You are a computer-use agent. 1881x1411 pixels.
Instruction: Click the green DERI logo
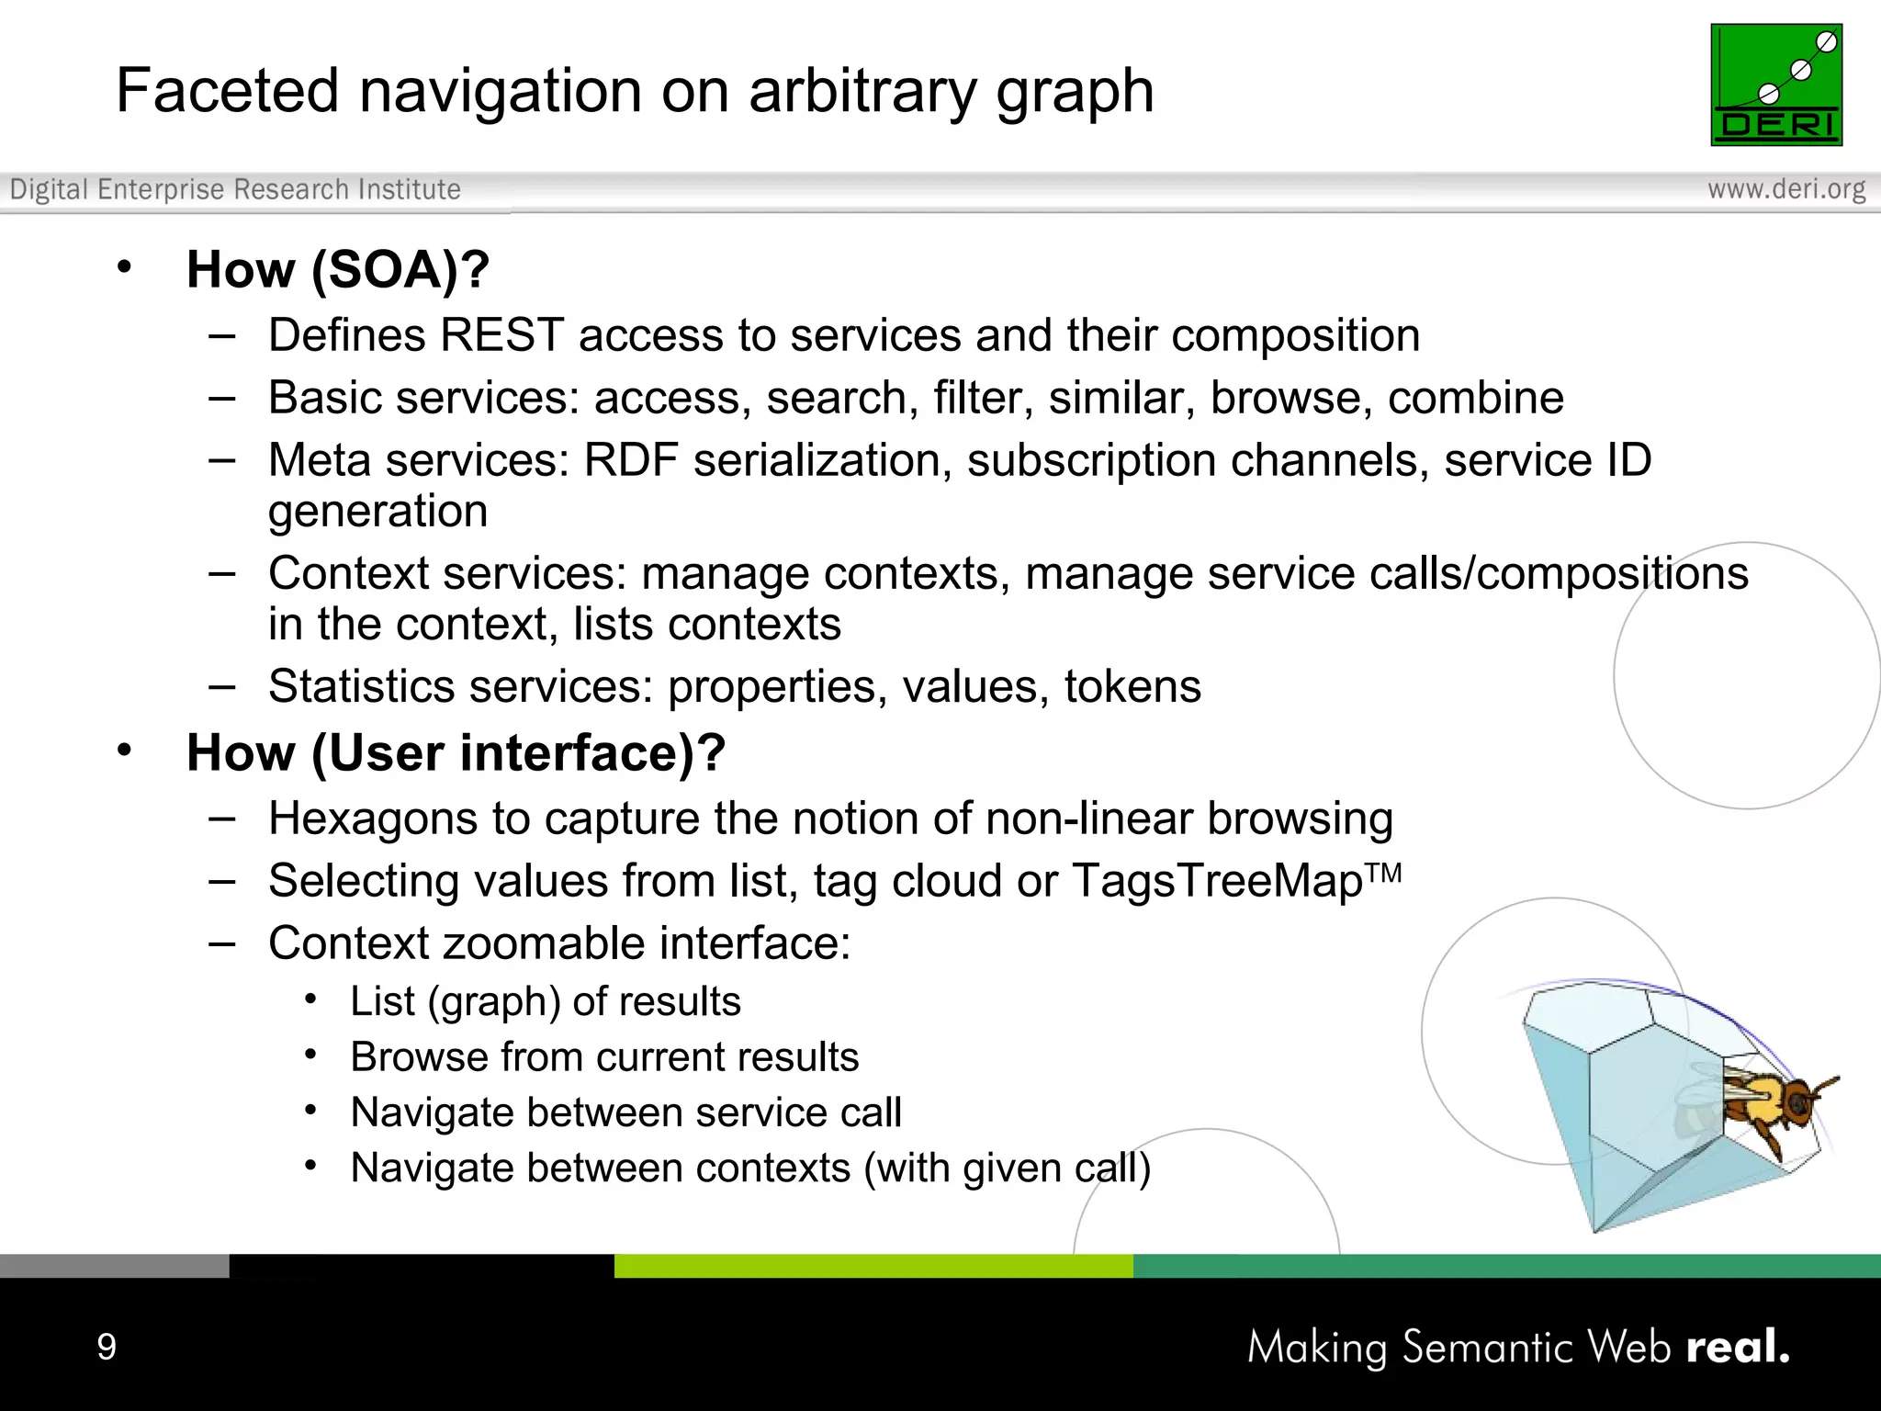tap(1775, 85)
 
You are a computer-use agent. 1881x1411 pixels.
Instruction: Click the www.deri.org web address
tap(1785, 189)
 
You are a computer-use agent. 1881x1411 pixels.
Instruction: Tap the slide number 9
tap(107, 1347)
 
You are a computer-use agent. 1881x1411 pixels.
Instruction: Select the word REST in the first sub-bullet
tap(501, 335)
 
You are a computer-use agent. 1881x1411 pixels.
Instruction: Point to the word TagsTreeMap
tap(1218, 881)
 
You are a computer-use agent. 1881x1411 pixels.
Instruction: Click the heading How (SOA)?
tap(337, 270)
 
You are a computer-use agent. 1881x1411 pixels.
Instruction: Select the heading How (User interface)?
tap(456, 753)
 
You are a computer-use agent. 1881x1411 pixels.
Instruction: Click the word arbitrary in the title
tap(863, 92)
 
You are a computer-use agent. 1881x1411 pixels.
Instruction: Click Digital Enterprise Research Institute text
tap(235, 189)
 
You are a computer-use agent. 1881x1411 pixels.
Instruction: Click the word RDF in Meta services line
tap(630, 460)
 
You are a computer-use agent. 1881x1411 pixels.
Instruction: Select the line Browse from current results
tap(604, 1057)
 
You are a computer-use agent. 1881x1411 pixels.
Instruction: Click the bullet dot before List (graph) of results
tap(311, 999)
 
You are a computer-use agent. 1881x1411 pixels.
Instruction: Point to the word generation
tap(377, 512)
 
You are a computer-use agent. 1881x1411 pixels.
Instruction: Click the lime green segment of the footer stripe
tap(873, 1266)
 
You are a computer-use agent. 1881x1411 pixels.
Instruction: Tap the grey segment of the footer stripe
tap(114, 1266)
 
